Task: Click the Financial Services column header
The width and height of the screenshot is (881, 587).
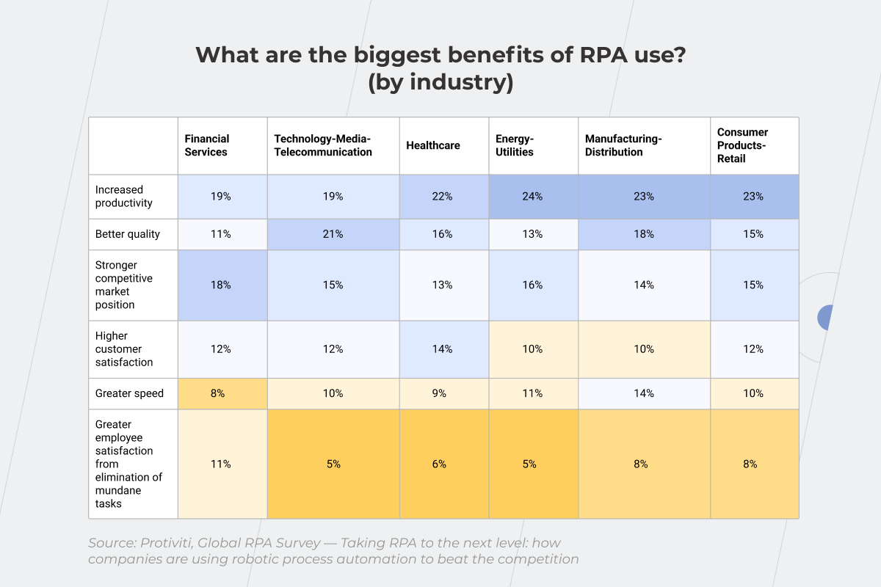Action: pos(207,145)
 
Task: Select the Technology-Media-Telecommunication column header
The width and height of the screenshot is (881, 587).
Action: pos(323,145)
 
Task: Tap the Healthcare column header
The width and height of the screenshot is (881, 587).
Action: pos(433,145)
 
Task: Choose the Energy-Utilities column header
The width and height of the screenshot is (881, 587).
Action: pos(515,145)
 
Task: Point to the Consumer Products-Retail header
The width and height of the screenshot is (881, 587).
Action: pos(743,145)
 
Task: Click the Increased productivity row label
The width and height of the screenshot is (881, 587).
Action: pos(124,196)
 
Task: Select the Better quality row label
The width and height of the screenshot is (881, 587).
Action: pos(128,234)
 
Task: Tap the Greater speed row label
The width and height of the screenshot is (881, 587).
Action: pos(129,393)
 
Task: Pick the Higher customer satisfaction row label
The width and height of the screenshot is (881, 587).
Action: pos(124,349)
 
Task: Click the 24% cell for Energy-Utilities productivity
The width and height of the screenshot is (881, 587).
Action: pos(533,197)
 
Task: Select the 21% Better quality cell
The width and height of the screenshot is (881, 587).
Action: pos(333,234)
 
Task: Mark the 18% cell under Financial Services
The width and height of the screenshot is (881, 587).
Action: pos(222,285)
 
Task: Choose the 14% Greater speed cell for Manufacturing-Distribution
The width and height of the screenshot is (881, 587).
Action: pos(644,393)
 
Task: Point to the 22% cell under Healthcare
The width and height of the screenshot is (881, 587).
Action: pos(443,197)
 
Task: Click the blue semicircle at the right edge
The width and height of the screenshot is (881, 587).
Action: pos(826,318)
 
